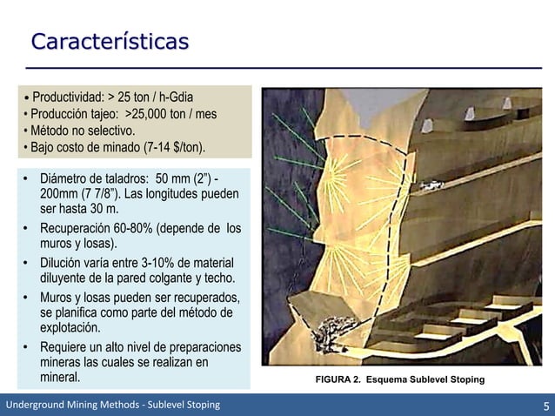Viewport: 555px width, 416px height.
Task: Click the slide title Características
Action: coord(109,41)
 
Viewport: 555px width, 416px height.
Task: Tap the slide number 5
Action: coord(544,405)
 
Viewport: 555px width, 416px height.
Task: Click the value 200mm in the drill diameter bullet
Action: coord(57,195)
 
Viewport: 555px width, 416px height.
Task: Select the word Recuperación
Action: coord(79,229)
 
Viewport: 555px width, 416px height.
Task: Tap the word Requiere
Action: coord(64,347)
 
